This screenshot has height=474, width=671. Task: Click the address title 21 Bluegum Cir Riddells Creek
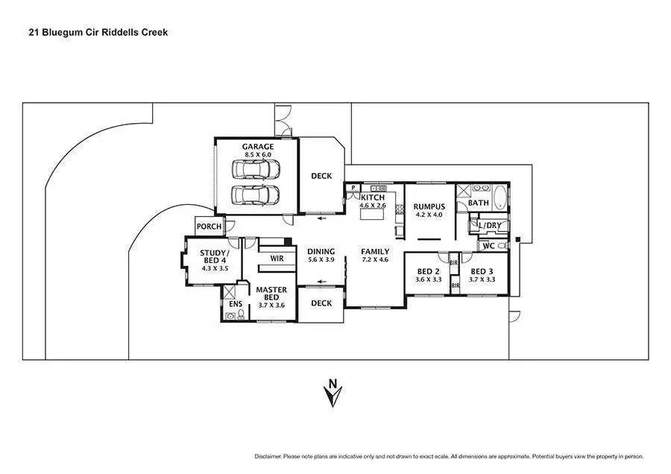click(x=98, y=33)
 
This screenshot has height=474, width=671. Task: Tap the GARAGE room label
click(x=257, y=147)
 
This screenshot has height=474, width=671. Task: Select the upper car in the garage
click(x=255, y=169)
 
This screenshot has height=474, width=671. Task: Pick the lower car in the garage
click(x=255, y=195)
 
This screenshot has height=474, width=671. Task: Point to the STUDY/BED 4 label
click(x=214, y=256)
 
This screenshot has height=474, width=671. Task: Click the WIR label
click(x=277, y=259)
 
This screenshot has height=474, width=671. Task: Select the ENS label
click(x=235, y=304)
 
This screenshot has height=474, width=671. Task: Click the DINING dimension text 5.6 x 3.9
click(x=321, y=260)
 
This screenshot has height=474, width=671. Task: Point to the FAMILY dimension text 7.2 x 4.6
click(x=375, y=260)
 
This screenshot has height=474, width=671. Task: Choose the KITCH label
click(x=372, y=197)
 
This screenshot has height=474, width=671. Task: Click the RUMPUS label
click(x=429, y=206)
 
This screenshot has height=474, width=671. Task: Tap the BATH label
click(x=478, y=203)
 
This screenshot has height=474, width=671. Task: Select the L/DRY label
click(x=490, y=225)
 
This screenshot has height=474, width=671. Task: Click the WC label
click(x=489, y=245)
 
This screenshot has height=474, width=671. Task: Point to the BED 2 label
click(x=428, y=271)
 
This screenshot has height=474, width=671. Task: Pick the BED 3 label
click(x=482, y=271)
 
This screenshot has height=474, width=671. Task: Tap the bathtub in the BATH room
click(x=500, y=198)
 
